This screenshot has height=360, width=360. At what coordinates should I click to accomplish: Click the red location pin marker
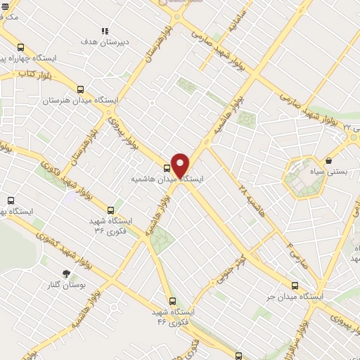pos(180,165)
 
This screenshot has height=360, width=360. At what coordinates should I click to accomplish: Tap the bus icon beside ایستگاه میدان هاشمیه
pos(167,168)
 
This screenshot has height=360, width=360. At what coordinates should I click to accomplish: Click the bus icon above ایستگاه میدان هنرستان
pos(80,90)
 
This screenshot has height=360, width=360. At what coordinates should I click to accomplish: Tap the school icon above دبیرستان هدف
pos(105,31)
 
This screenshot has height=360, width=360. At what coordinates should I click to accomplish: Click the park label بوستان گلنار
pos(64,285)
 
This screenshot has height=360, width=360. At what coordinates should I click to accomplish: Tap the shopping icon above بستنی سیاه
pos(328,161)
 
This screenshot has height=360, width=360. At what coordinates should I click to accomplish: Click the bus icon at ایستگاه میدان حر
pos(295,285)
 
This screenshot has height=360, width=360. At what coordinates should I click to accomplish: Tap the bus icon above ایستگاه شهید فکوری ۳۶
pos(110,210)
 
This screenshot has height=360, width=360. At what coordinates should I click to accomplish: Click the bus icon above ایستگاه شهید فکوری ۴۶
pos(173,300)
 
